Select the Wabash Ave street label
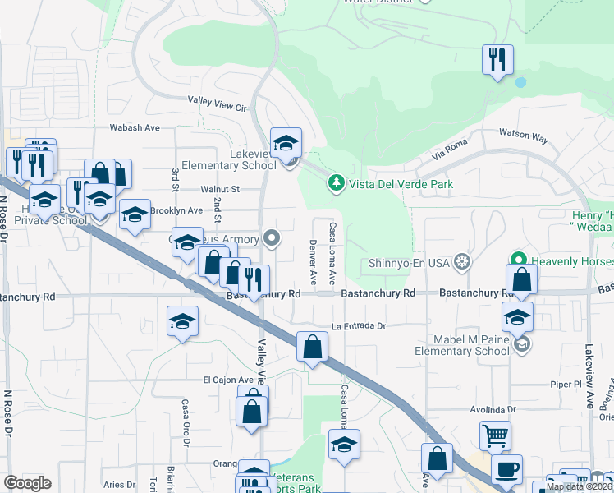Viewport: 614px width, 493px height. [x=135, y=127]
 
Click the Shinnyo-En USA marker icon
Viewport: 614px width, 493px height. [x=464, y=261]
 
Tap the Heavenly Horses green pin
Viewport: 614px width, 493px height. [x=519, y=261]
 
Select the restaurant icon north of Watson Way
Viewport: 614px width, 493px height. [x=497, y=60]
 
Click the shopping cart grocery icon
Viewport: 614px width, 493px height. [x=496, y=435]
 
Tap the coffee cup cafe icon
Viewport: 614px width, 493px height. [x=506, y=469]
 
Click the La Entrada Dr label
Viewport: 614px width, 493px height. [x=359, y=326]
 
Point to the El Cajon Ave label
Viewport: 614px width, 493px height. [x=226, y=380]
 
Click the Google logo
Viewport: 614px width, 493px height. [x=27, y=483]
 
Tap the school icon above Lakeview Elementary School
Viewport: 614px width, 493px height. [x=286, y=143]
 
